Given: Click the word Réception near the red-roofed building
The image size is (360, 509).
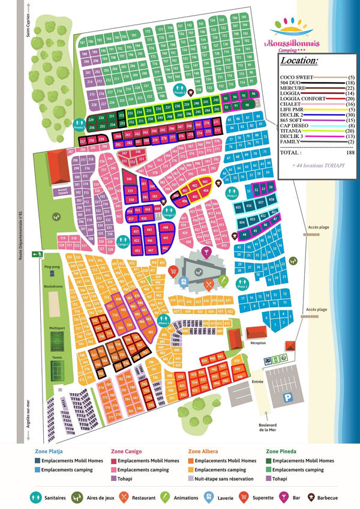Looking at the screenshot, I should pos(258,343).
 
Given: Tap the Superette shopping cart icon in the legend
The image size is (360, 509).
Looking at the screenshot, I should pos(244,496).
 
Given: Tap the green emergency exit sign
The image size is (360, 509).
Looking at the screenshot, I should pos(36,253).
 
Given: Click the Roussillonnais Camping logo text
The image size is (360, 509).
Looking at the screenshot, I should pos(299,43).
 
